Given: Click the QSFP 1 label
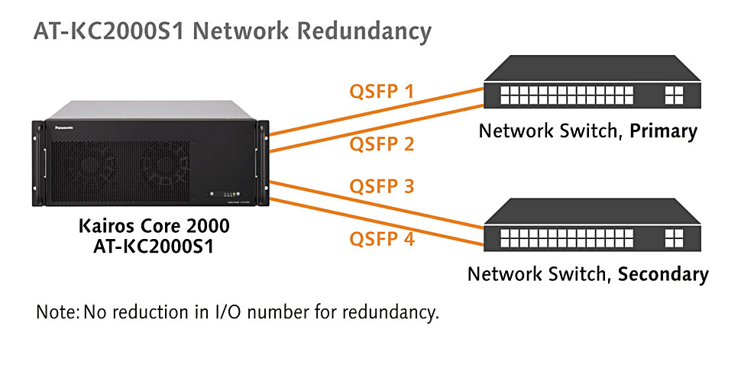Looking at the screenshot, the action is (x=381, y=91).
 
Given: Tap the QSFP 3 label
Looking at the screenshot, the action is (x=382, y=186).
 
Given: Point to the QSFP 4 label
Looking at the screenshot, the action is (x=382, y=238).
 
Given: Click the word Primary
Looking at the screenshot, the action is (x=664, y=131).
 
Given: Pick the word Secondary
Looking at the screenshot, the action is (x=664, y=274).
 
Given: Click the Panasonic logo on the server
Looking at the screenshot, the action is (x=64, y=128).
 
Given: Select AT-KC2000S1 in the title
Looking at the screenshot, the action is (x=108, y=31).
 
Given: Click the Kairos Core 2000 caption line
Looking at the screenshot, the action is (x=154, y=226).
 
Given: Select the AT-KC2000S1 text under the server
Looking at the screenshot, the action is (x=154, y=247).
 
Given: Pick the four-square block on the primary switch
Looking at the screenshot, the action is (x=674, y=95).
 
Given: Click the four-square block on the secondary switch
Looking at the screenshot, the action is (x=674, y=238).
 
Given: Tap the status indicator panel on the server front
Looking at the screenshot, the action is (x=225, y=194).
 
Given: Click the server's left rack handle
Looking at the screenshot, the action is (x=38, y=163).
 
